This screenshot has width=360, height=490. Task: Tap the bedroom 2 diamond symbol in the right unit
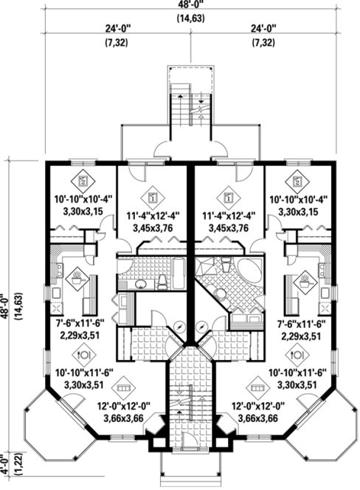[x=297, y=180]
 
